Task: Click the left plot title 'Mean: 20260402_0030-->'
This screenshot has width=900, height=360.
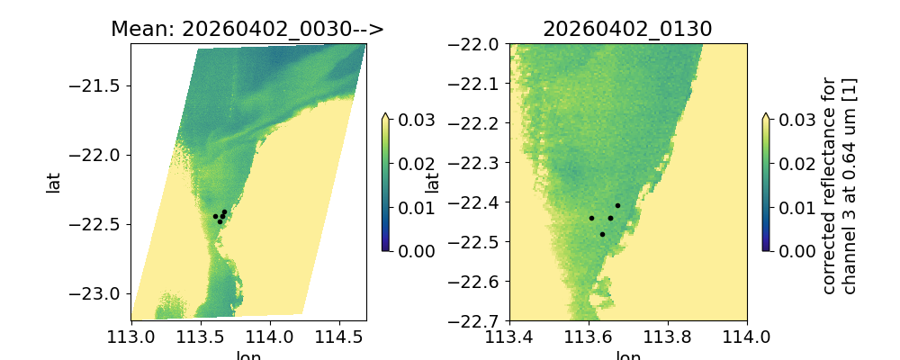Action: coord(247,29)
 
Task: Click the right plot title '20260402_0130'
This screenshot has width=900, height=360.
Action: coord(627,29)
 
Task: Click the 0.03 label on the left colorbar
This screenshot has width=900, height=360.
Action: coord(413,120)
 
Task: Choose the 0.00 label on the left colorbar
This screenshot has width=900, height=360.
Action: coord(413,250)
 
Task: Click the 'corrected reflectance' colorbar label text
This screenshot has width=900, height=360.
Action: coord(838,184)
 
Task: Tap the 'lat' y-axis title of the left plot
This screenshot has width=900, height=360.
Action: coord(53,182)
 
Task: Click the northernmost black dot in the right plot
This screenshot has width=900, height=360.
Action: coord(617,206)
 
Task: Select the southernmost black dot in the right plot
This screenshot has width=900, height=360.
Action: coord(602,234)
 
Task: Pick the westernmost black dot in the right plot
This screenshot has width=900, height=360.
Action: coord(591,218)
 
